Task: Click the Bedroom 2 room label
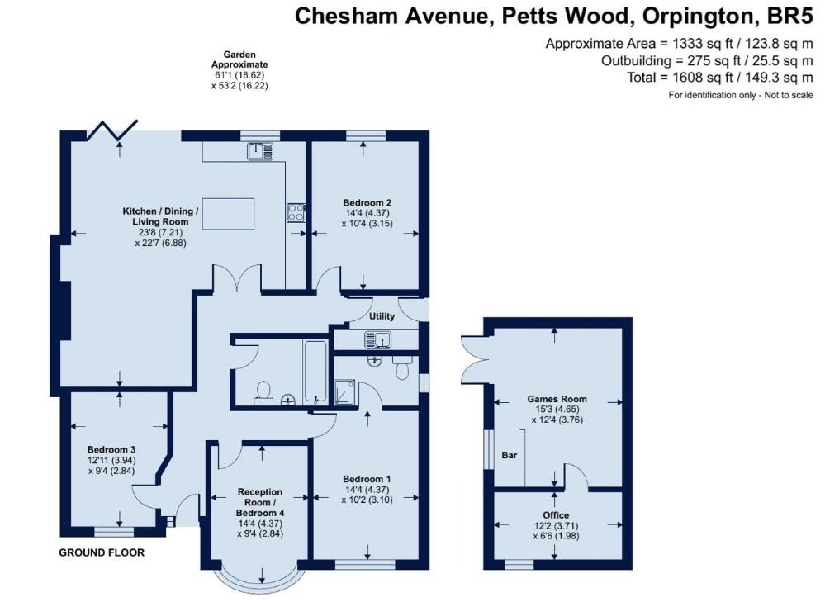click(367, 203)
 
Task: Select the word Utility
click(382, 316)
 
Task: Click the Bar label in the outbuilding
click(509, 455)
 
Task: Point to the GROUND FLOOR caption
click(102, 552)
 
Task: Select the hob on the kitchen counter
click(295, 212)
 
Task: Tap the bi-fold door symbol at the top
click(113, 130)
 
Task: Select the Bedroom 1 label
click(367, 479)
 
